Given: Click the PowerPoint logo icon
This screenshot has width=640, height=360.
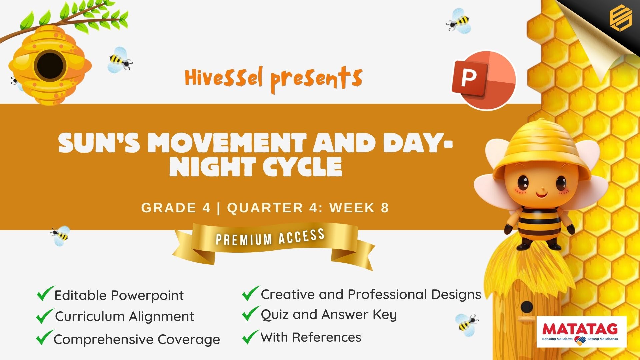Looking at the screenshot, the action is [484, 80].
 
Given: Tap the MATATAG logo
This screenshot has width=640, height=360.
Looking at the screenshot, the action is [581, 332].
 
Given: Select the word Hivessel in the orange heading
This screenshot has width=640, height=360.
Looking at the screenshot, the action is [224, 77].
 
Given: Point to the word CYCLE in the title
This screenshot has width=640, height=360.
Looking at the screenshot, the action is [302, 167].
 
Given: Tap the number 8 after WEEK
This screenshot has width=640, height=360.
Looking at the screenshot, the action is [385, 208].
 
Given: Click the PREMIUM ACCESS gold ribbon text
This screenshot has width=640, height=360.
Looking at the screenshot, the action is [270, 237].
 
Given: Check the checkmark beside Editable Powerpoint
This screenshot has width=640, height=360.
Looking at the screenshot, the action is [45, 293].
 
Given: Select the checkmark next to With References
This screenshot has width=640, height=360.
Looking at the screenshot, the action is [251, 337].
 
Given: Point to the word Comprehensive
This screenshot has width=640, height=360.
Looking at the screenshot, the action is [104, 340].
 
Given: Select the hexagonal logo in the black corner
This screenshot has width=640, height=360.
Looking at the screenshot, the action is [621, 18].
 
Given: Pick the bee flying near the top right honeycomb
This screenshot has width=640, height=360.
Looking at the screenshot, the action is [459, 21].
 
